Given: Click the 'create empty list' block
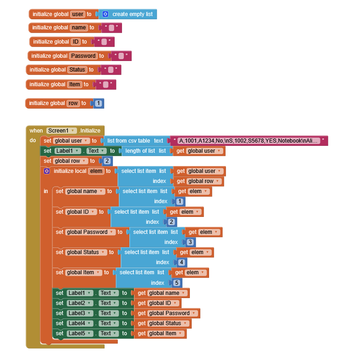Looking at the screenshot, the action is (x=127, y=14).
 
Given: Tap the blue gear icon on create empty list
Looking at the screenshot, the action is (x=105, y=14).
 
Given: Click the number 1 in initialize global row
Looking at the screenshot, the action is (x=99, y=103).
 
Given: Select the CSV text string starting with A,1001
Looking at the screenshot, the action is (x=248, y=141).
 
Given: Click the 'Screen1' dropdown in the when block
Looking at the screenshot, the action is (x=61, y=131).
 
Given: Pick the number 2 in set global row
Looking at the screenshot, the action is (x=107, y=161).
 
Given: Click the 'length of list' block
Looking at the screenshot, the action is (x=145, y=151).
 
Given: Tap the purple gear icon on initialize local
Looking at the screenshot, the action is (x=47, y=171).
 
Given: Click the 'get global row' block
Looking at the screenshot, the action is (x=199, y=181).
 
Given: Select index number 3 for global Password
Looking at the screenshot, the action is (x=190, y=242).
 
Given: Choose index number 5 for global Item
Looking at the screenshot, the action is (x=176, y=282).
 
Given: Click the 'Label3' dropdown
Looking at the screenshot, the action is (x=80, y=313).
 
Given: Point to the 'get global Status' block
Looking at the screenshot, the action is (x=163, y=323).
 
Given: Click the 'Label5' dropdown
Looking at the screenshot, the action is (x=80, y=333).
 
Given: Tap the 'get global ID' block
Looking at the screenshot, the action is (x=158, y=303).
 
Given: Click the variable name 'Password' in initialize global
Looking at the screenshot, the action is (x=83, y=56).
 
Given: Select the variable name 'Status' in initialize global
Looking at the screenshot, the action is (x=77, y=70).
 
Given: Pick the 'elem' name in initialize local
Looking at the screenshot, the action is (x=96, y=171).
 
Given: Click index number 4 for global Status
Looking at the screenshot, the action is (x=182, y=262).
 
